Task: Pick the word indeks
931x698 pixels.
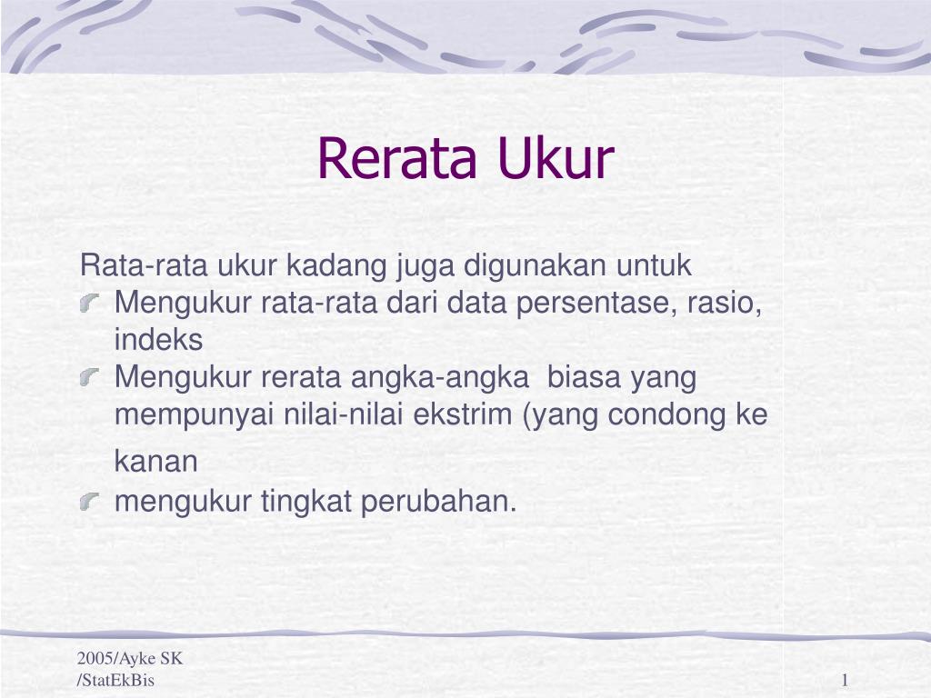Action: point(158,340)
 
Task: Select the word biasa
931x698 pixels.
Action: point(586,376)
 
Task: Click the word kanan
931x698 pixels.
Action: point(155,462)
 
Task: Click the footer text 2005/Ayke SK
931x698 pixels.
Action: point(130,660)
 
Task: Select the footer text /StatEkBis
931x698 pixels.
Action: point(115,681)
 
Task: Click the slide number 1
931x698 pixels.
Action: point(845,681)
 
